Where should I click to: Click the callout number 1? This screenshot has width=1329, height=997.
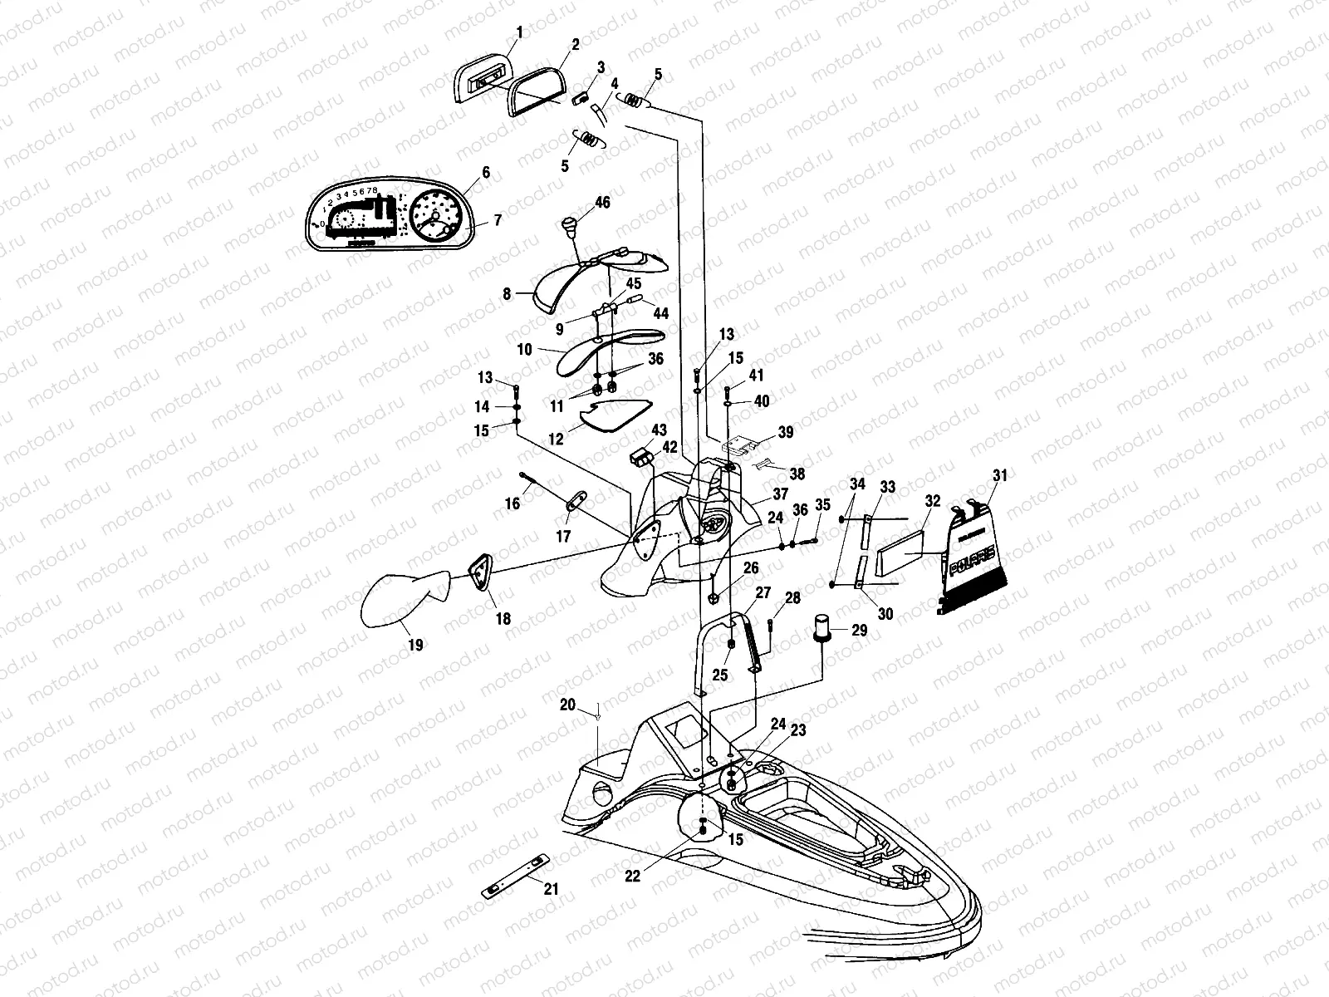[520, 32]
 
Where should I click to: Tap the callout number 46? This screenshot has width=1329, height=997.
[603, 202]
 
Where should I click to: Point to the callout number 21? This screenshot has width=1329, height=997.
[551, 889]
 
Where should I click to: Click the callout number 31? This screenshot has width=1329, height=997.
[999, 476]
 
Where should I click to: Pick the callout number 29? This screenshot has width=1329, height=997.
[860, 631]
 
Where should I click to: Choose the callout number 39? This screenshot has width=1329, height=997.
[785, 433]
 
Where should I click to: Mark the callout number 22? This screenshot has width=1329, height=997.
[633, 876]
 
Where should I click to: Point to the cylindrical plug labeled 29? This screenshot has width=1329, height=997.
[823, 628]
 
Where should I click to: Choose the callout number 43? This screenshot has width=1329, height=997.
[659, 430]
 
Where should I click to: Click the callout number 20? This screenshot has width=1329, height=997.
[567, 705]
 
